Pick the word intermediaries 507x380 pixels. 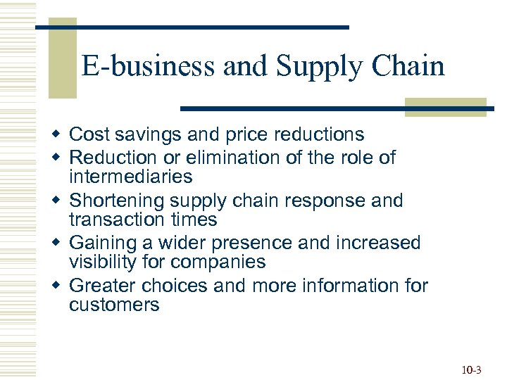pyautogui.click(x=130, y=176)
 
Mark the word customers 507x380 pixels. pyautogui.click(x=114, y=305)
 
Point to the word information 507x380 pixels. pyautogui.click(x=346, y=286)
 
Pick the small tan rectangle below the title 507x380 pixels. pyautogui.click(x=445, y=106)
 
